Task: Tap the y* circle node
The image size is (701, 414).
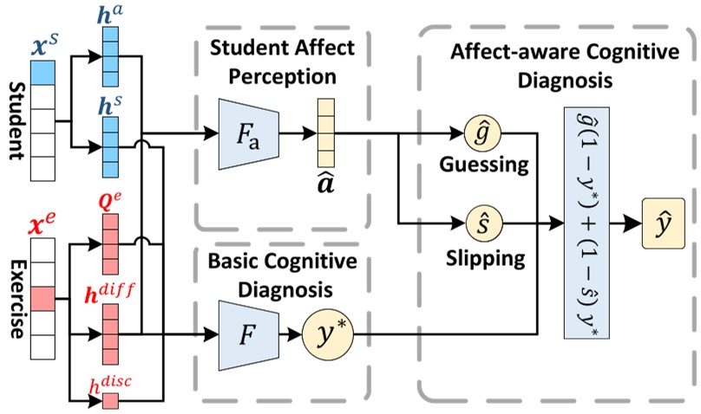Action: point(324,331)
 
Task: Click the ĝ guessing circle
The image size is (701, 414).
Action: point(481,134)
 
